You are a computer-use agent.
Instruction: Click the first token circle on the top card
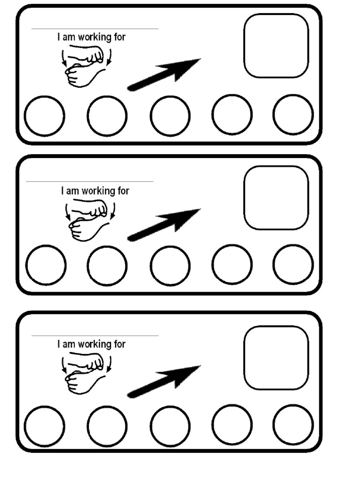[x=44, y=116]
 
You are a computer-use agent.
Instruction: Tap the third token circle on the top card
[x=170, y=116]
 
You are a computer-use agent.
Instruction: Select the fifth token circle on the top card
[x=293, y=114]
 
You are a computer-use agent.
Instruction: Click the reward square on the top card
[x=276, y=45]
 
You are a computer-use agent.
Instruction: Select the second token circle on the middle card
[x=107, y=265]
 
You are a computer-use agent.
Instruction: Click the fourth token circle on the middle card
[x=232, y=265]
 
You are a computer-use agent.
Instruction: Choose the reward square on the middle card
[x=276, y=197]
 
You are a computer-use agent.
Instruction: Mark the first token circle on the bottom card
[x=44, y=426]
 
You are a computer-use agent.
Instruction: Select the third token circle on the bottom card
[x=170, y=426]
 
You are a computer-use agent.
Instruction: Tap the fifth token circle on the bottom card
[x=293, y=424]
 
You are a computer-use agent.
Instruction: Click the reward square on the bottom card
[x=276, y=358]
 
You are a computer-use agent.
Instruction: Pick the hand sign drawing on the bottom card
[x=86, y=374]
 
